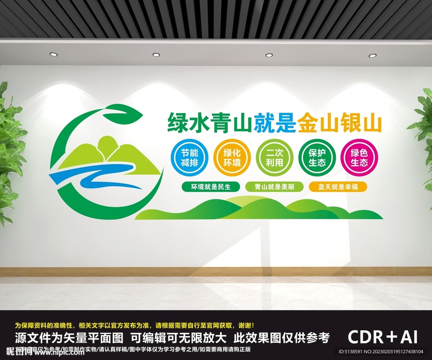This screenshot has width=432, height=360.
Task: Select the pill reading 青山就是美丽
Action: coord(275,187)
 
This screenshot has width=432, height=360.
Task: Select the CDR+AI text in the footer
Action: coord(383,336)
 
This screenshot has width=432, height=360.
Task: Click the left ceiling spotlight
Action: coord(53,54)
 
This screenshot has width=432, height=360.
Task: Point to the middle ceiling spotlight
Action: coord(156,54)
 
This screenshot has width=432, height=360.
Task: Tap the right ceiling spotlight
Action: coord(373,55)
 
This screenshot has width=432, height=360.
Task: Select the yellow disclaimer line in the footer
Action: coord(134,325)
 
